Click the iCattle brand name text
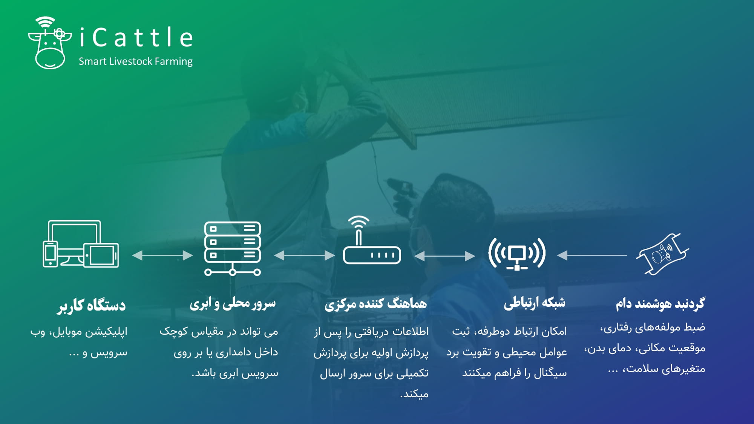136,37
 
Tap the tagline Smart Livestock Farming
135,61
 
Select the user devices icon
81,244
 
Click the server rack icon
233,248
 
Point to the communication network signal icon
517,254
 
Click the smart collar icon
662,254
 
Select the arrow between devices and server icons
162,255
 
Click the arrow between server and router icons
304,256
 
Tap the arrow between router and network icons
444,256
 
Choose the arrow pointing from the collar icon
592,255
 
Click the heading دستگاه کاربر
92,305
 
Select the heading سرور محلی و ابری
233,303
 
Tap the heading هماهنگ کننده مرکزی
376,304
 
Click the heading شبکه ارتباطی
535,303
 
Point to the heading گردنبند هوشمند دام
660,303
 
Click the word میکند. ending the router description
414,394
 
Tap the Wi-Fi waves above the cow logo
46,21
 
